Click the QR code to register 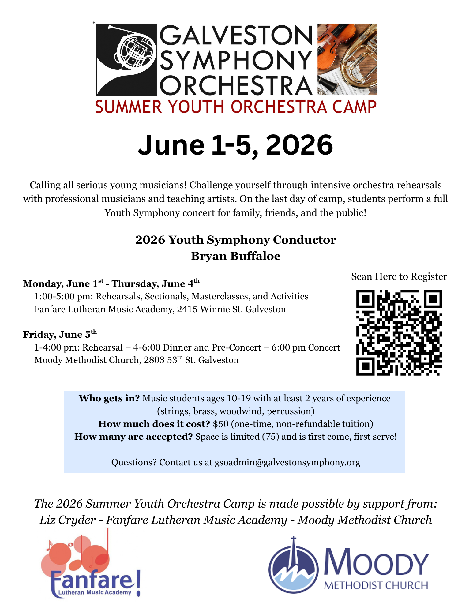coord(399,332)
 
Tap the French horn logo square coord(127,59)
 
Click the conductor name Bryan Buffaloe coord(236,256)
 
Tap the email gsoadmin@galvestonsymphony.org coord(287,462)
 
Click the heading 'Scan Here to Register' coord(399,276)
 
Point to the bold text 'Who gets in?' coord(109,398)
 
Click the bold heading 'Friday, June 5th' coord(60,334)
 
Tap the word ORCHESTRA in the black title coord(236,85)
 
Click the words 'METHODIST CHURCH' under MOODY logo coord(376,585)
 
